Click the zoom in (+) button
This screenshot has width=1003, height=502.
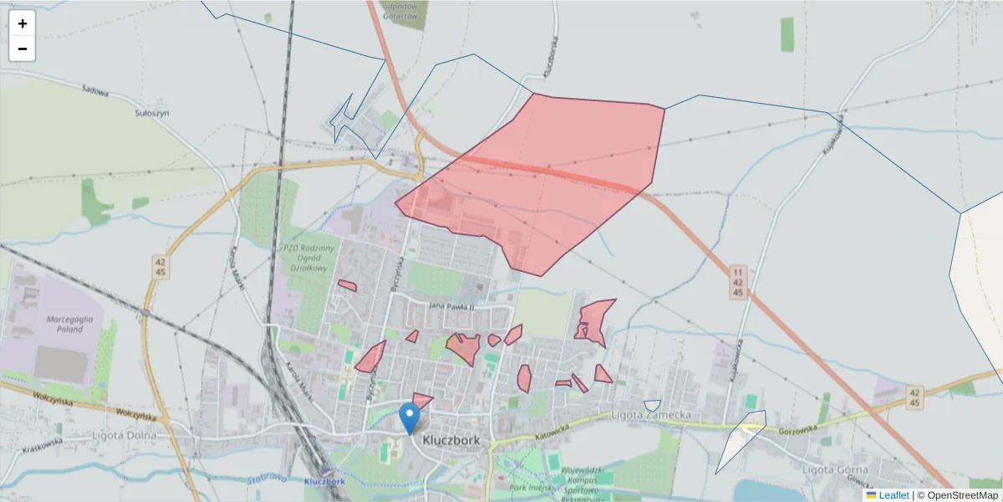(23, 23)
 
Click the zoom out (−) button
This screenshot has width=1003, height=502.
(23, 49)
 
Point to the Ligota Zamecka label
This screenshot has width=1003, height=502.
(650, 415)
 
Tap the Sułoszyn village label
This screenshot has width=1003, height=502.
(152, 111)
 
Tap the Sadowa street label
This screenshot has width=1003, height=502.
(96, 90)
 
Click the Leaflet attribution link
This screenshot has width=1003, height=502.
(893, 495)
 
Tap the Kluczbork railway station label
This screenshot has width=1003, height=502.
(325, 482)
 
